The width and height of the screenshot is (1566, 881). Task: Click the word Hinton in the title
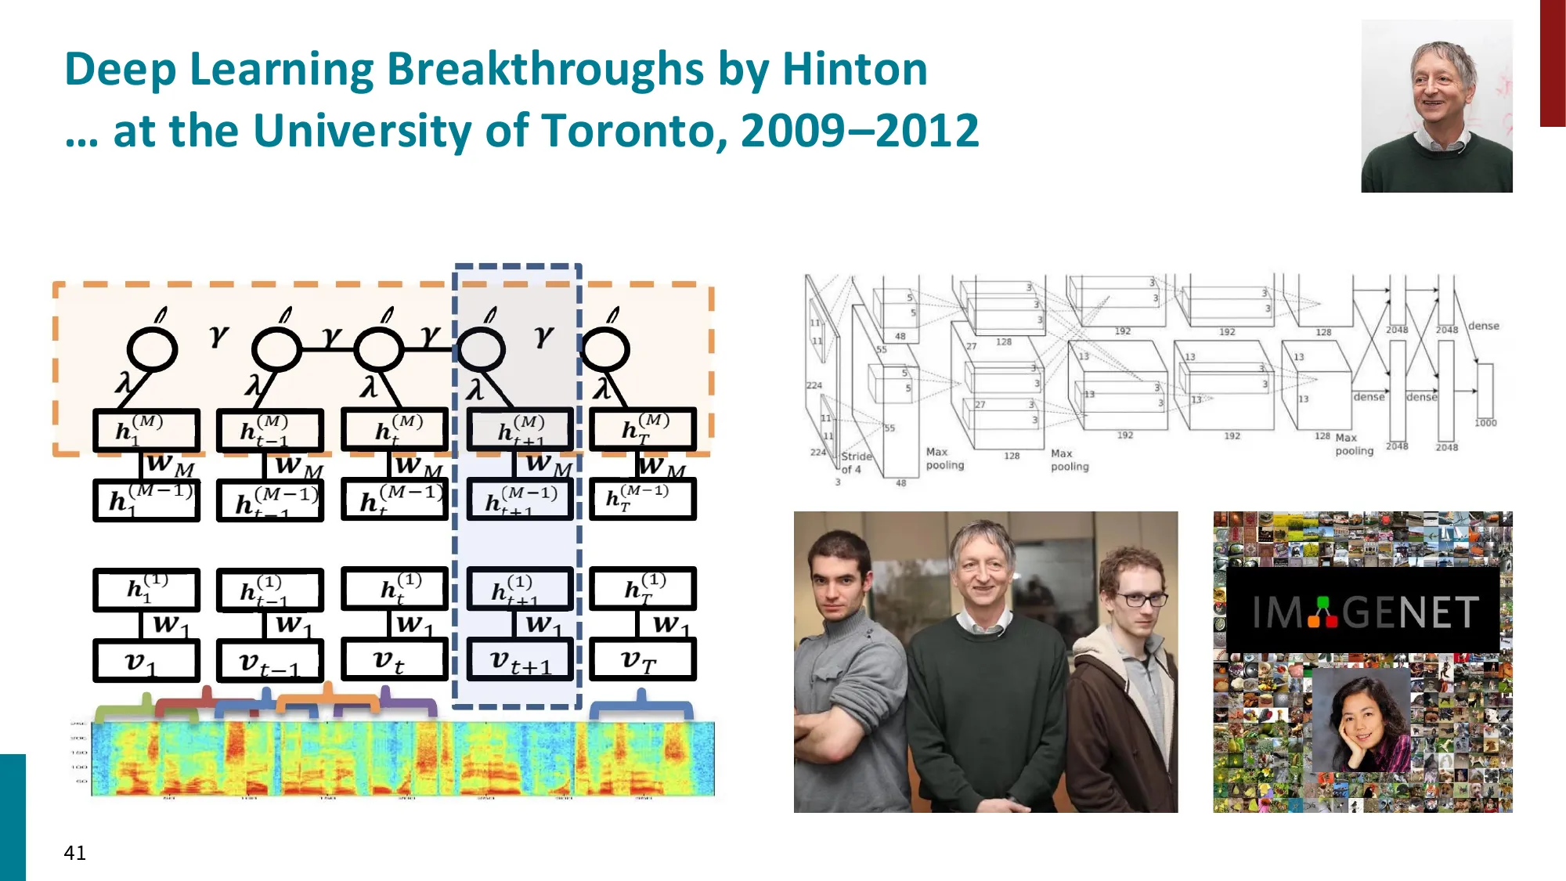click(855, 69)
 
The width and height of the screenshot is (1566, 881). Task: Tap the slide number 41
click(75, 853)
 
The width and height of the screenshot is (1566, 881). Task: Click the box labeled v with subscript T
click(642, 660)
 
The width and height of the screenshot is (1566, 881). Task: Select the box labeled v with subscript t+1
click(520, 660)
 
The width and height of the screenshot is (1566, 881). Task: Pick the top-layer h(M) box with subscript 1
click(146, 430)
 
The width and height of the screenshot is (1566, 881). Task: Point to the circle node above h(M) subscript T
click(605, 349)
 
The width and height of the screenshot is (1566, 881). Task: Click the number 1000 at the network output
click(1485, 423)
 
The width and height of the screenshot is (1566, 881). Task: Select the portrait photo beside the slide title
click(1437, 107)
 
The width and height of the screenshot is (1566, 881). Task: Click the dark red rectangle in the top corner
click(1552, 63)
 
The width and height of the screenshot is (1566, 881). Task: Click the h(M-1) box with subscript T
click(642, 500)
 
